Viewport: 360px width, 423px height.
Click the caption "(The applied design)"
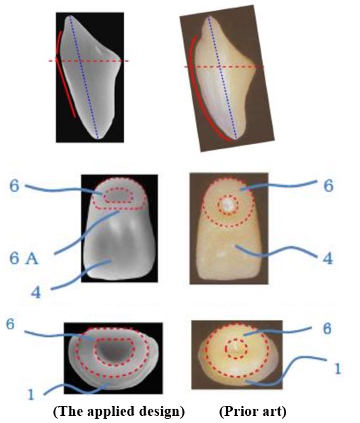(x=119, y=412)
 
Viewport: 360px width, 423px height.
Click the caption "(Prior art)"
(x=253, y=412)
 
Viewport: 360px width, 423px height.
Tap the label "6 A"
(x=24, y=259)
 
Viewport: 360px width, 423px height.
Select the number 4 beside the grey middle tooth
(x=36, y=292)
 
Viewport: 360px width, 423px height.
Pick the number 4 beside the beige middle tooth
(x=328, y=258)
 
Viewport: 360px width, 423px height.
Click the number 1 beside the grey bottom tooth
(x=31, y=395)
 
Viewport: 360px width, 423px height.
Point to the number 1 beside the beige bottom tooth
(x=337, y=368)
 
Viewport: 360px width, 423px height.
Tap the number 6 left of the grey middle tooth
(x=14, y=186)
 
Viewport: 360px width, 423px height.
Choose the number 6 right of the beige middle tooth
(x=329, y=186)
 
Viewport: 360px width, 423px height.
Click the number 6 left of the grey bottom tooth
(x=10, y=324)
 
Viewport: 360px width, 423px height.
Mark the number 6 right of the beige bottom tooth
(x=327, y=329)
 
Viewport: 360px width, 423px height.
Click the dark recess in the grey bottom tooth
(x=114, y=352)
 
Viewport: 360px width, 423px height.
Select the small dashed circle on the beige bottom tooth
(x=236, y=339)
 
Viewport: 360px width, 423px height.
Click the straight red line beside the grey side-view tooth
(x=65, y=88)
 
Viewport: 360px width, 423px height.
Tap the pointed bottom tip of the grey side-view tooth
(x=98, y=138)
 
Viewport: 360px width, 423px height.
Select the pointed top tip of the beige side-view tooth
(x=209, y=16)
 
